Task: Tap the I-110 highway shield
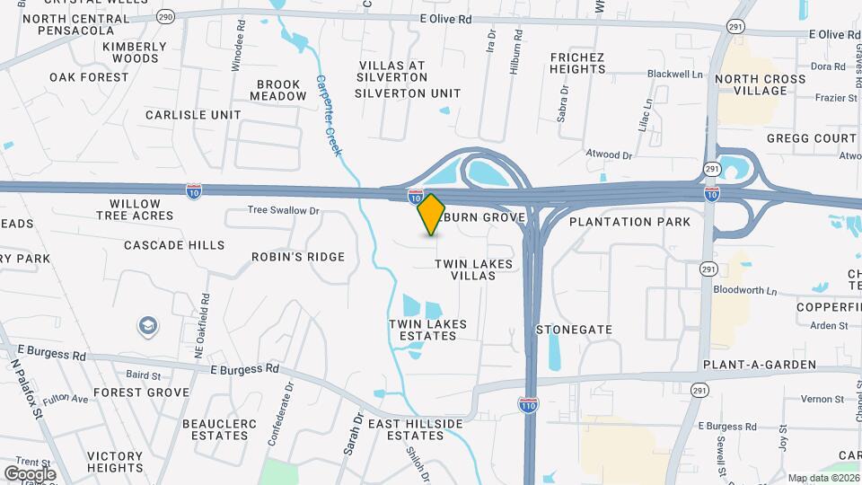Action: pos(529,406)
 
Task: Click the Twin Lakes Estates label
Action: pos(422,330)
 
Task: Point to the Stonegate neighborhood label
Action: pos(574,330)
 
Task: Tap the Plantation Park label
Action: pos(629,221)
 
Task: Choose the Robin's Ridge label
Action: pos(297,257)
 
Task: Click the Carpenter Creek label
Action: pos(329,114)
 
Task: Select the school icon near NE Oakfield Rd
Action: pos(147,326)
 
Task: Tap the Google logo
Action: pos(30,473)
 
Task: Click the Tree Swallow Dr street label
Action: pos(284,211)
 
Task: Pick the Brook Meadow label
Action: pos(277,90)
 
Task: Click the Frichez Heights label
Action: pos(577,63)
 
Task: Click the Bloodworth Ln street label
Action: pos(744,290)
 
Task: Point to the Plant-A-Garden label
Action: pos(760,365)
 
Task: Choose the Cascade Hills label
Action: pos(174,245)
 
